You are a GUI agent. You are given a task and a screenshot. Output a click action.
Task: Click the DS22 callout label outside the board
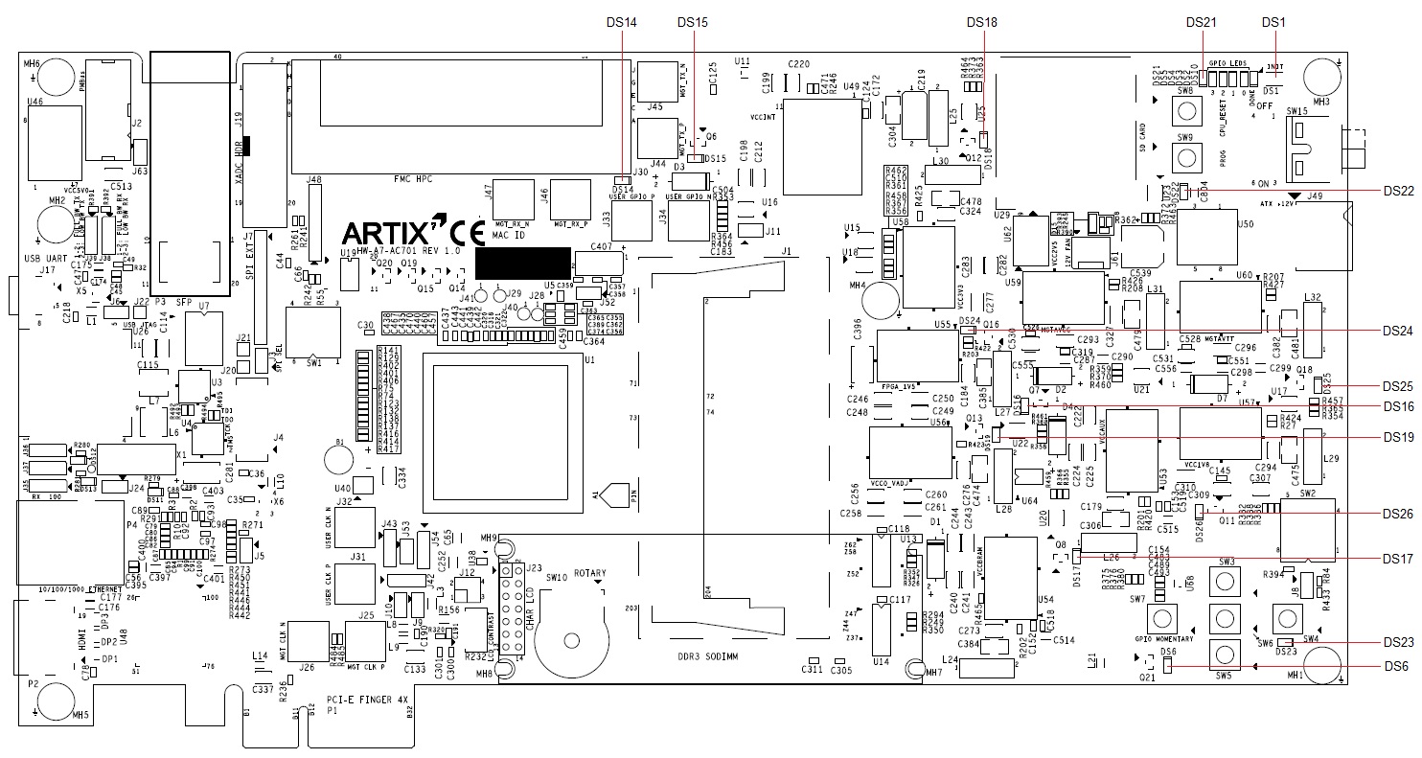coord(1399,191)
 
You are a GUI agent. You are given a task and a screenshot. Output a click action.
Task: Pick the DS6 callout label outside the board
coord(1395,666)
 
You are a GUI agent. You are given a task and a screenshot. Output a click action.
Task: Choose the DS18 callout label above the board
coord(982,22)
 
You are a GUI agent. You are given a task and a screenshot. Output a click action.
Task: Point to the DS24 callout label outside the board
coord(1399,331)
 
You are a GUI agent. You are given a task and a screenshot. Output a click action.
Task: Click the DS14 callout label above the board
coord(623,22)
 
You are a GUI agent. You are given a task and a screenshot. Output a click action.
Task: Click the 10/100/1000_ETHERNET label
coord(82,589)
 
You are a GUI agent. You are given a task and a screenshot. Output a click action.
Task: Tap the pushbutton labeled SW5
coord(1224,655)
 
